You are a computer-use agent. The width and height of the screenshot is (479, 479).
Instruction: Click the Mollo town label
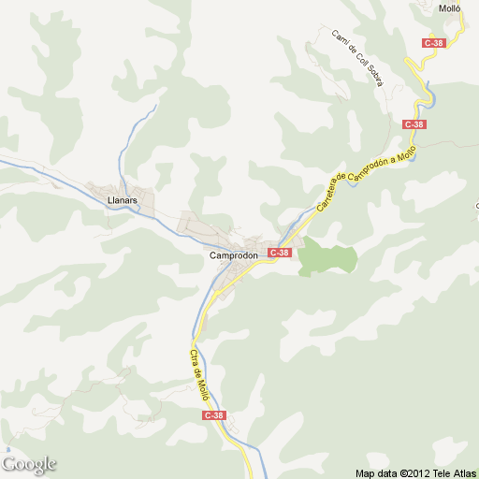(x=450, y=9)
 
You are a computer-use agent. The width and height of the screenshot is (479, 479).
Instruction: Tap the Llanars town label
(x=123, y=200)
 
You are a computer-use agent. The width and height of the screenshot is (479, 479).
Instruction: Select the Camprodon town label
(x=228, y=254)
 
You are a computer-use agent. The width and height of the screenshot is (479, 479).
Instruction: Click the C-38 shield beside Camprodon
(x=280, y=253)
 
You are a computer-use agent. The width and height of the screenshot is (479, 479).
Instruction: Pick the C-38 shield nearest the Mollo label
(x=433, y=43)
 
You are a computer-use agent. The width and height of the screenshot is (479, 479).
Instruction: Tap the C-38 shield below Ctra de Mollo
(x=214, y=415)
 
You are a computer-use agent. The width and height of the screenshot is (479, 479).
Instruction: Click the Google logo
(x=29, y=464)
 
